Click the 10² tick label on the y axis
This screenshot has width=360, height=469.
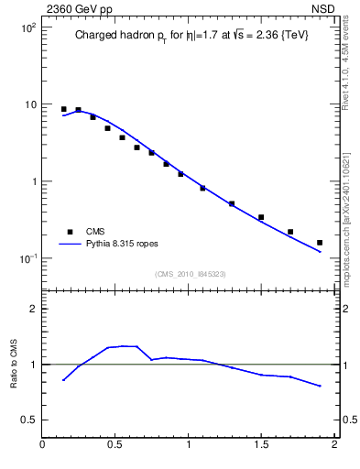point(27,27)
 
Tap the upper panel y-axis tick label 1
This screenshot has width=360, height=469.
point(32,181)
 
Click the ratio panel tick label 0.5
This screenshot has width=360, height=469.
point(27,420)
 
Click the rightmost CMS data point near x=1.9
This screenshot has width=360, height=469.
point(320,243)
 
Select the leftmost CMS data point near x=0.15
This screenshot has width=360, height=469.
point(64,109)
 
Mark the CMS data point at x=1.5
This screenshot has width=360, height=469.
point(261,217)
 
